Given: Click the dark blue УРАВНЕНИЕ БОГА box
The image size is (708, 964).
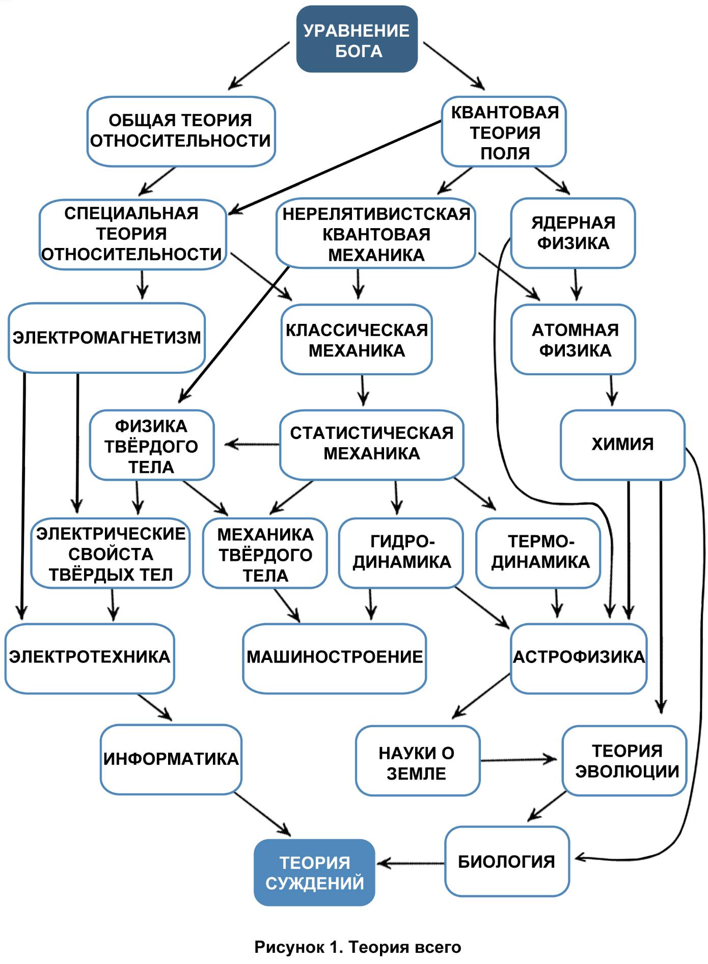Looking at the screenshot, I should [357, 39].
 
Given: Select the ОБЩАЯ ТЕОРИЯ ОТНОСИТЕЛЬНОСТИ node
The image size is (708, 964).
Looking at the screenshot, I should [181, 131].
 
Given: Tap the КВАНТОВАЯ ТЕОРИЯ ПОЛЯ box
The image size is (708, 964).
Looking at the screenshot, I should [504, 132].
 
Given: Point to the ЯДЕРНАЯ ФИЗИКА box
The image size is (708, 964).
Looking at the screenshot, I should [573, 233].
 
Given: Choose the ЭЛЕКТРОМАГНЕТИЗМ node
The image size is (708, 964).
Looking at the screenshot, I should [106, 338].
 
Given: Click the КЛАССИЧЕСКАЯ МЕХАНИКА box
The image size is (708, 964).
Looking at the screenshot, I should [357, 340].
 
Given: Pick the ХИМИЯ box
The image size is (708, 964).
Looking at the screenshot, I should [622, 445].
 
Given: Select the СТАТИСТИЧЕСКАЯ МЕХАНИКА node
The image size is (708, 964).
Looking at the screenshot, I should [371, 444].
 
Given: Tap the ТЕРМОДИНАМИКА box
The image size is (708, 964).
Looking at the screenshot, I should [538, 553].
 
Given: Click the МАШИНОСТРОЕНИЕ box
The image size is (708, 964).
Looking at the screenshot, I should [335, 657].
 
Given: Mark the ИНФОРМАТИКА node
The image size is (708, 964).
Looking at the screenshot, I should [171, 759].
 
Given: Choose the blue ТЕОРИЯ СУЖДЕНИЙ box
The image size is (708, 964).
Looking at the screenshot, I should [315, 873].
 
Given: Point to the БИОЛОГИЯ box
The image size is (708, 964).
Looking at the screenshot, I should [507, 862].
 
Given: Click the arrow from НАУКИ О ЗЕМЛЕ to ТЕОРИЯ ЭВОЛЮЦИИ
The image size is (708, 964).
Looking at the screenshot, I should [520, 760].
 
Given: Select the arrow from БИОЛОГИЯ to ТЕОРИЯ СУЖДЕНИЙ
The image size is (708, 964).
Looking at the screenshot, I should [410, 863].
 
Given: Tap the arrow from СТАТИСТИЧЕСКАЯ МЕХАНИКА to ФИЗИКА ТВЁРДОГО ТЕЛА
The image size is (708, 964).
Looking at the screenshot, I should [252, 445].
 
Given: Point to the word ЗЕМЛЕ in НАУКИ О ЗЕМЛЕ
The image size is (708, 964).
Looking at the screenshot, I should [416, 774].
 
